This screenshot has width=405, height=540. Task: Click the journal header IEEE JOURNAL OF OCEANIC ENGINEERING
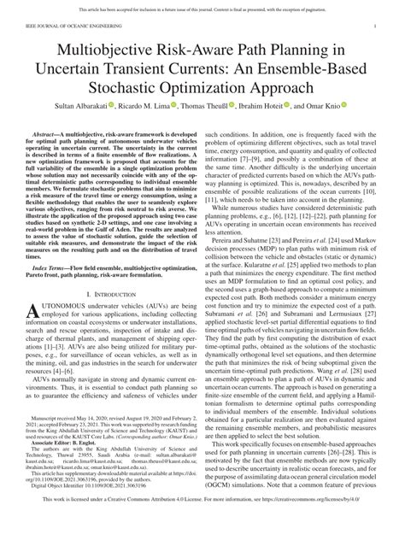click(64, 27)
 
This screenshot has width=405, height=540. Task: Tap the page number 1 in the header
click(375, 27)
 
